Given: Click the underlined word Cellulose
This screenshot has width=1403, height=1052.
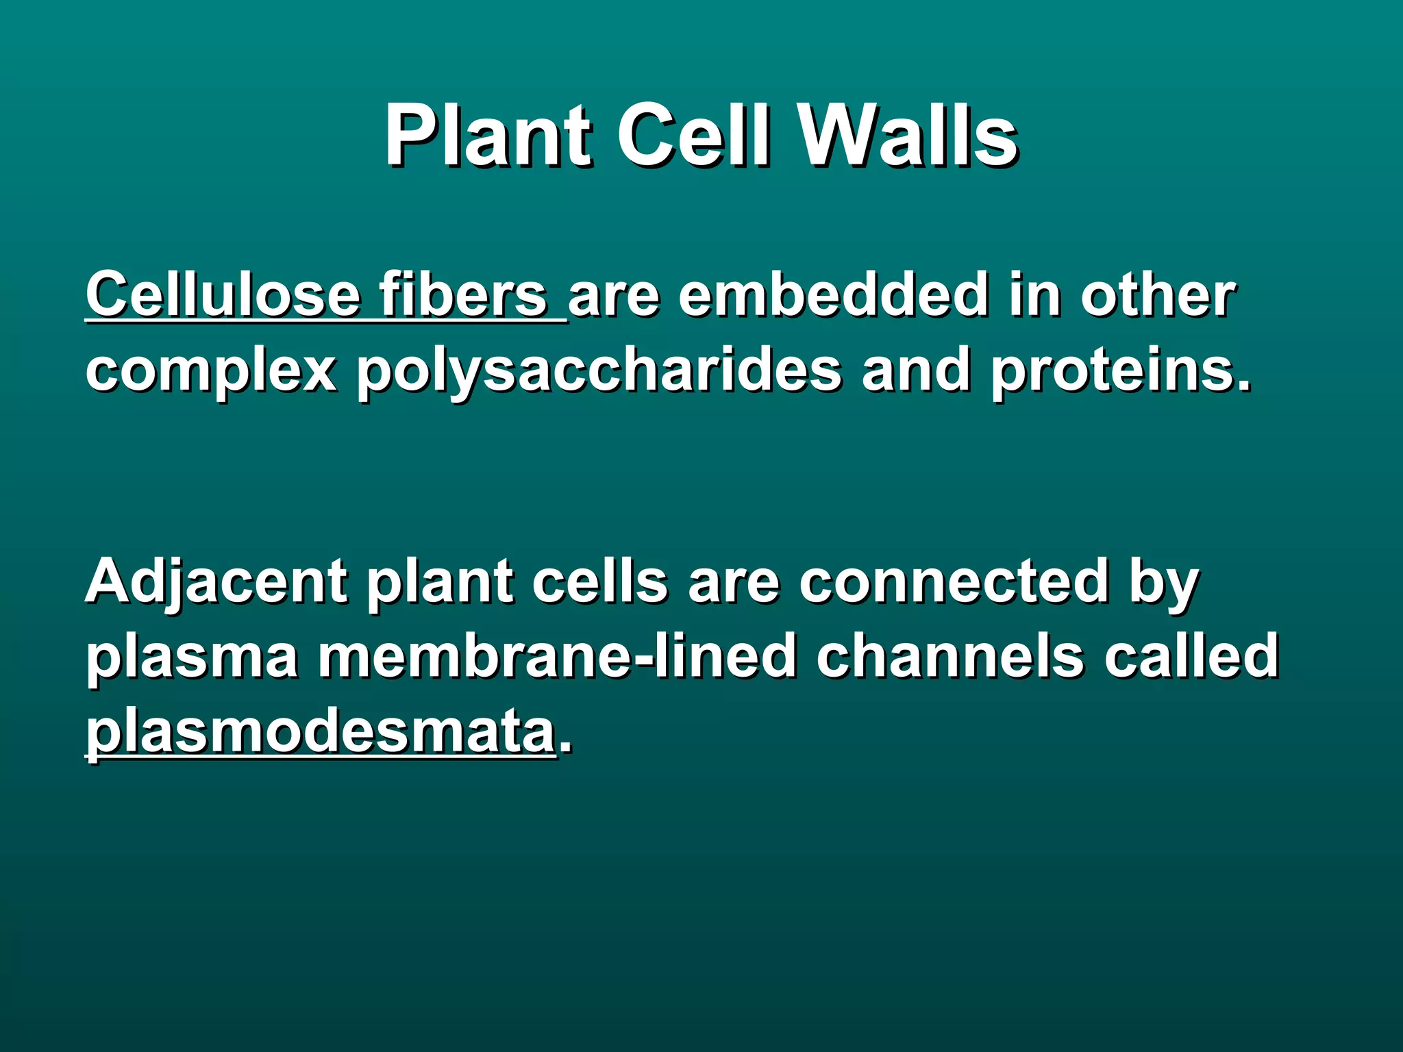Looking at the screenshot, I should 223,296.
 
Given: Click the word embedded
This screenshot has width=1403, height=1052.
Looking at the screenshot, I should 834,296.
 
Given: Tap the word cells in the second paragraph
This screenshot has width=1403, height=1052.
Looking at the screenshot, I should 599,582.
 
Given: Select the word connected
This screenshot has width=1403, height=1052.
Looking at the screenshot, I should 954,582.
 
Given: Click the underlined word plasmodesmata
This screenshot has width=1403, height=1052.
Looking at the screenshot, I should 320,731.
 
